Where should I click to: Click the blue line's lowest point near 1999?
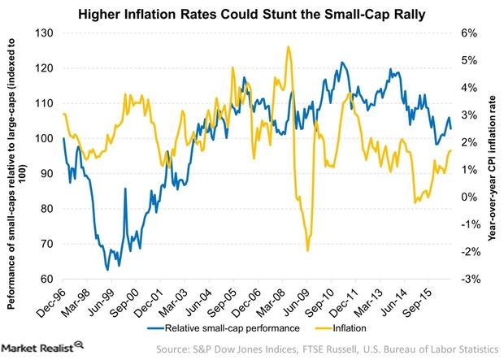pyautogui.click(x=107, y=269)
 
